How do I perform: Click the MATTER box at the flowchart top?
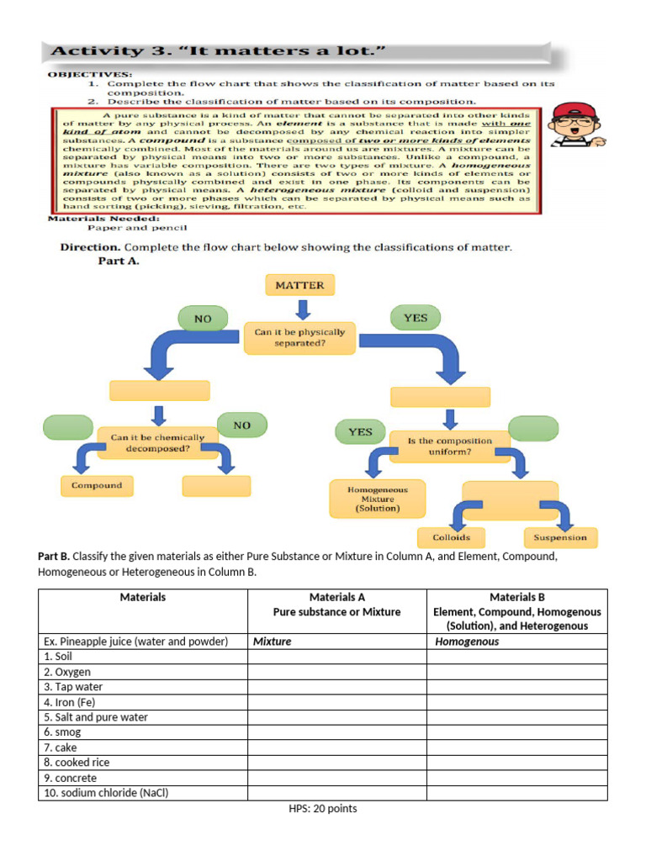[299, 285]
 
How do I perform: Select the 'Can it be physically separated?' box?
[299, 338]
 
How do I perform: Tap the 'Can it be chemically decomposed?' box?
[157, 443]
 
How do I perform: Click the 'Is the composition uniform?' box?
[450, 446]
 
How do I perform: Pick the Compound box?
[96, 486]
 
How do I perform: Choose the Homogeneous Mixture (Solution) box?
[378, 499]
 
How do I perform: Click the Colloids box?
[451, 537]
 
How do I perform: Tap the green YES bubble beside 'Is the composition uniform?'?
[360, 432]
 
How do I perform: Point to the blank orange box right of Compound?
[216, 486]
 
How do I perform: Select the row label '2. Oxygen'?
[67, 672]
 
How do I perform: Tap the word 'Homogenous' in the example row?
[467, 642]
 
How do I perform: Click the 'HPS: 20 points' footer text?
[323, 809]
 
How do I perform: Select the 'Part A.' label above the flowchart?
[114, 261]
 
